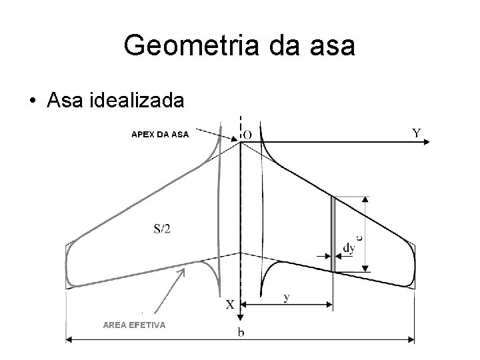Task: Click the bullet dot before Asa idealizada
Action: pos(32,101)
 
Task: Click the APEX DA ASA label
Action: pos(160,134)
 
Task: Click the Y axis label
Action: pos(417,133)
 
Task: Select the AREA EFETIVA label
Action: pos(134,325)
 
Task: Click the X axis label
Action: pos(229,304)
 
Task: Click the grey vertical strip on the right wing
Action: pos(333,234)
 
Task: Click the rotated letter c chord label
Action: pos(359,236)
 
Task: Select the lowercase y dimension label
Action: pos(286,297)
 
